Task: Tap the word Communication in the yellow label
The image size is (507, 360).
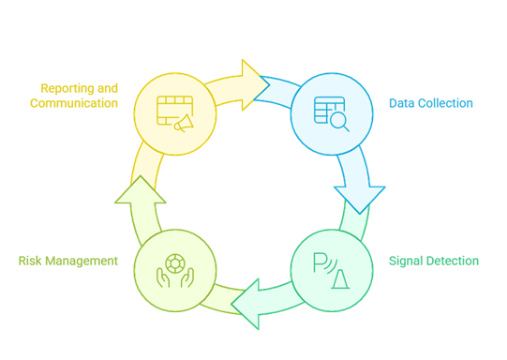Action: click(x=74, y=103)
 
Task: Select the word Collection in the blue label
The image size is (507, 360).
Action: click(x=446, y=103)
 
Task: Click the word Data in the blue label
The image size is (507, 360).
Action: click(x=403, y=103)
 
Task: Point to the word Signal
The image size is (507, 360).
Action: click(x=407, y=261)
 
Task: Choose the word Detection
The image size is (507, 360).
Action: click(x=454, y=261)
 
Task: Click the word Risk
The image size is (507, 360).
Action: click(x=31, y=261)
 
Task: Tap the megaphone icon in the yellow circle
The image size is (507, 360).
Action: click(x=183, y=122)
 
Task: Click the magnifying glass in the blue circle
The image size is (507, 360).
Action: click(x=339, y=121)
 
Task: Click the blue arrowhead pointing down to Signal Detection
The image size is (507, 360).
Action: click(x=361, y=197)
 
